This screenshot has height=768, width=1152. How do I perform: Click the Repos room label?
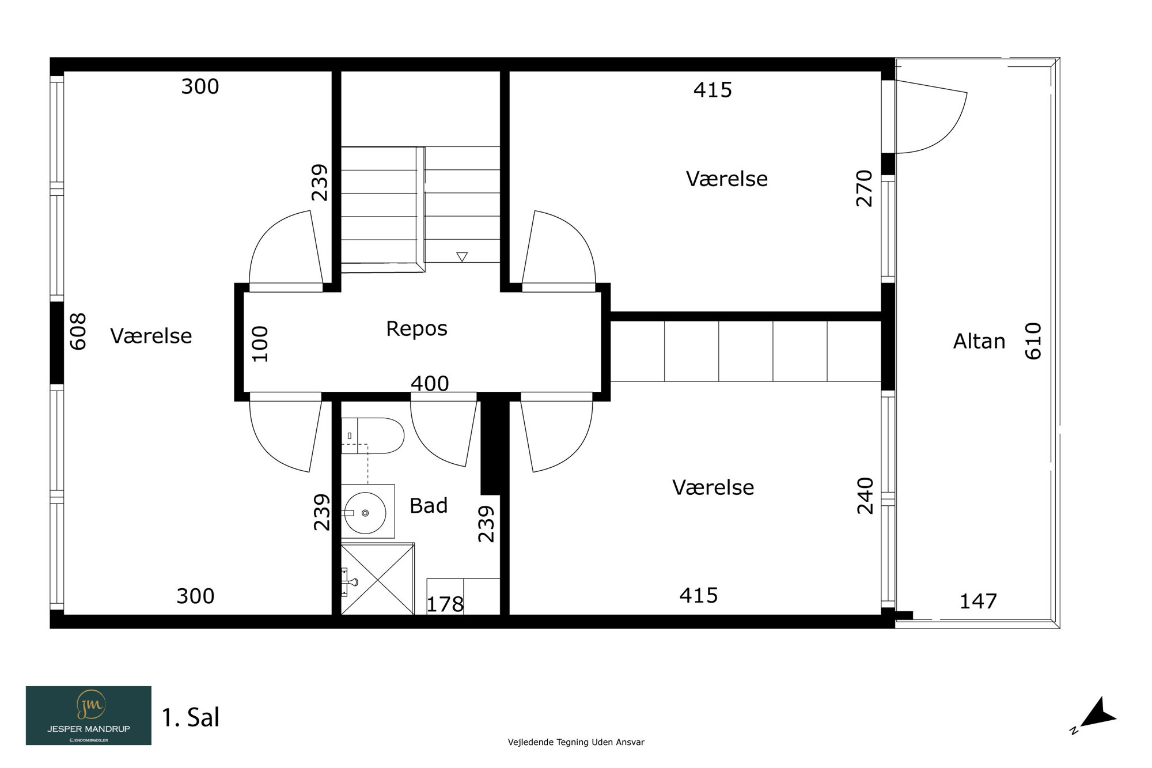(x=416, y=329)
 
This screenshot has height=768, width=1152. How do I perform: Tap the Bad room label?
(x=429, y=506)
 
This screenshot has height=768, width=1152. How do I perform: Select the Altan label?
(x=979, y=342)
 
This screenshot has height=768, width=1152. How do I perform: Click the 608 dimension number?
(x=78, y=331)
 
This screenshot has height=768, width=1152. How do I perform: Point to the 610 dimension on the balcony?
(x=1033, y=341)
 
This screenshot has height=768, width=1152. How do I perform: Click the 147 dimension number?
(x=978, y=601)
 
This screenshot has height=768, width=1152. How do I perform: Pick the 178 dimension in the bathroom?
(x=445, y=604)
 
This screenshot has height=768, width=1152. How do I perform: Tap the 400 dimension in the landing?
(x=430, y=384)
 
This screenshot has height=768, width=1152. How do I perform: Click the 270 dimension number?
(x=865, y=188)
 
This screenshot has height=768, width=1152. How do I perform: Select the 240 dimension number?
(x=865, y=495)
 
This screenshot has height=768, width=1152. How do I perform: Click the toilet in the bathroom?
(x=373, y=436)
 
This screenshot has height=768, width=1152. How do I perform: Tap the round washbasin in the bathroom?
(x=365, y=513)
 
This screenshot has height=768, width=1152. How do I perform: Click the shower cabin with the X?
(x=378, y=578)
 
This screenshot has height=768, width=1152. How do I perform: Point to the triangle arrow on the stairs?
(x=462, y=257)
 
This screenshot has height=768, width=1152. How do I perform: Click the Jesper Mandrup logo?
(x=89, y=716)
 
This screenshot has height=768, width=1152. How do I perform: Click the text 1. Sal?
(x=191, y=718)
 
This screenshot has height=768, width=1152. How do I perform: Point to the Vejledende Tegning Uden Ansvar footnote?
(x=576, y=742)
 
